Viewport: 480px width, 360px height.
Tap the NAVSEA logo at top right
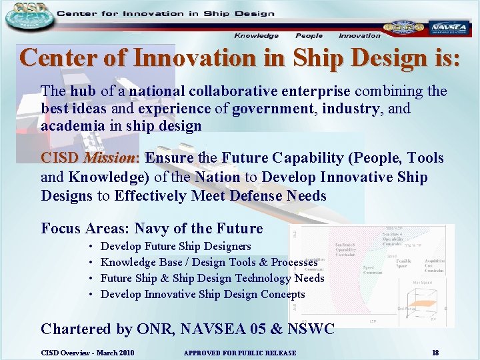pos(449,28)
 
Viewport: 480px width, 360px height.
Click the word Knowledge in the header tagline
pos(256,36)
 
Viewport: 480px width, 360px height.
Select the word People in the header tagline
pos(309,36)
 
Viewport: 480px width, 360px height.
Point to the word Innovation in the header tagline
pos(359,36)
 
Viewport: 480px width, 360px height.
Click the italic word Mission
pos(109,159)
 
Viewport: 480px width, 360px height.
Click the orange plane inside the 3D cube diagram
pos(417,303)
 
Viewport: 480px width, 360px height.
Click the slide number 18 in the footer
pos(435,352)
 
